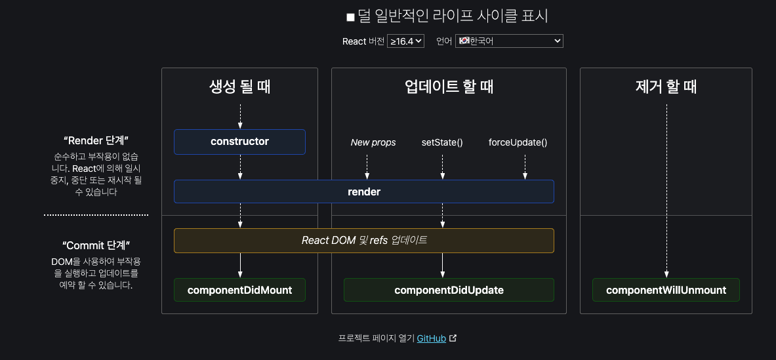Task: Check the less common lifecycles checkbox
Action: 350,17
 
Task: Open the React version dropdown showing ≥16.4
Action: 406,41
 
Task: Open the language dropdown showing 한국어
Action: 509,41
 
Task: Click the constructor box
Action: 239,142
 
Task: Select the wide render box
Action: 363,192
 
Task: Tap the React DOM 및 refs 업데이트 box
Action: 363,241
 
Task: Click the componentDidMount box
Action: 239,290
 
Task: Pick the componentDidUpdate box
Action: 449,290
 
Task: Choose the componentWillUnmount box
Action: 666,290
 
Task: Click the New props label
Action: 373,142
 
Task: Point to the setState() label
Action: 442,142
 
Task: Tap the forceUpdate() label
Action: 518,142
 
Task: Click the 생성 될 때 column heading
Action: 239,87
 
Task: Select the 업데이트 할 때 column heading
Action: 449,87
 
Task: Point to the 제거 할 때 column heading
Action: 666,87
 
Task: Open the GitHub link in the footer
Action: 432,338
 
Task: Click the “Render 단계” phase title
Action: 96,140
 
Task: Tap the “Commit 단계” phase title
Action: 96,245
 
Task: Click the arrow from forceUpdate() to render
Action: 525,167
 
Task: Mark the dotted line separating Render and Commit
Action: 96,214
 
